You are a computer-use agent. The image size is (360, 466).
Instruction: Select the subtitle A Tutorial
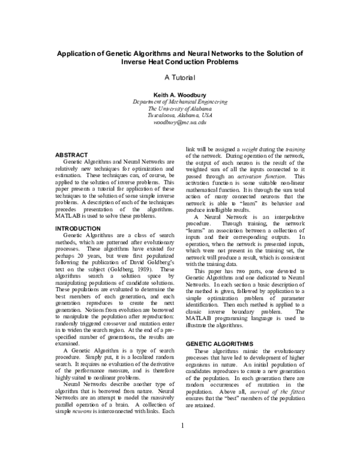pyautogui.click(x=180, y=78)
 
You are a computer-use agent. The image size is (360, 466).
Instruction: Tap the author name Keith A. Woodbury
pyautogui.click(x=180, y=95)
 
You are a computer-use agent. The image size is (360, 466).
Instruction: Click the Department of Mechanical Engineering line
pyautogui.click(x=180, y=102)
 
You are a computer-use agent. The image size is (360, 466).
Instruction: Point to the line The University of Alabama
pyautogui.click(x=180, y=109)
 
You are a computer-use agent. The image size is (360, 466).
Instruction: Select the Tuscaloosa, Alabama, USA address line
pyautogui.click(x=180, y=115)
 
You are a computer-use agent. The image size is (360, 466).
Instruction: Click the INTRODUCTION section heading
pyautogui.click(x=79, y=229)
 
